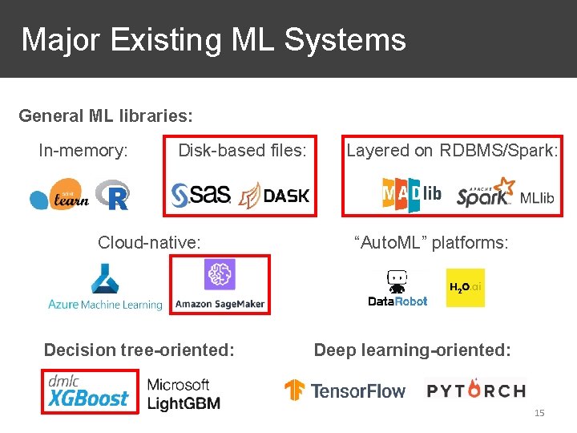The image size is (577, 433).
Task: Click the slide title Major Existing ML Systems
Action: (213, 39)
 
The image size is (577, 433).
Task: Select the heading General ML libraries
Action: (106, 115)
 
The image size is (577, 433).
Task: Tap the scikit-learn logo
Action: (60, 195)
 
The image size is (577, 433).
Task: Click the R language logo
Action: (112, 195)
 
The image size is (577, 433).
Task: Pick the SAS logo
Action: (201, 194)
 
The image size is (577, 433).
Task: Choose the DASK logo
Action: (275, 195)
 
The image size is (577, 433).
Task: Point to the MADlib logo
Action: (411, 195)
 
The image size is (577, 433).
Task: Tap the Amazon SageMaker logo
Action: (220, 285)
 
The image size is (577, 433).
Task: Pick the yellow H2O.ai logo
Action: (465, 288)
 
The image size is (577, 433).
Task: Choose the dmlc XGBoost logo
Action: (88, 391)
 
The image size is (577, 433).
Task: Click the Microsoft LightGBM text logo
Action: (183, 394)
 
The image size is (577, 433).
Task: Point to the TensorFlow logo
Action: (345, 391)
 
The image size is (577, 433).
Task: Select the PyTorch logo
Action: (476, 391)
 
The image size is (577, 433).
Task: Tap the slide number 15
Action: (539, 413)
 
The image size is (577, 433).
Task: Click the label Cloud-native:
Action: (149, 242)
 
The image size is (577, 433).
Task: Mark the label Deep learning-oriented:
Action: (412, 350)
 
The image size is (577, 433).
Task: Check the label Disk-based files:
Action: (242, 150)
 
